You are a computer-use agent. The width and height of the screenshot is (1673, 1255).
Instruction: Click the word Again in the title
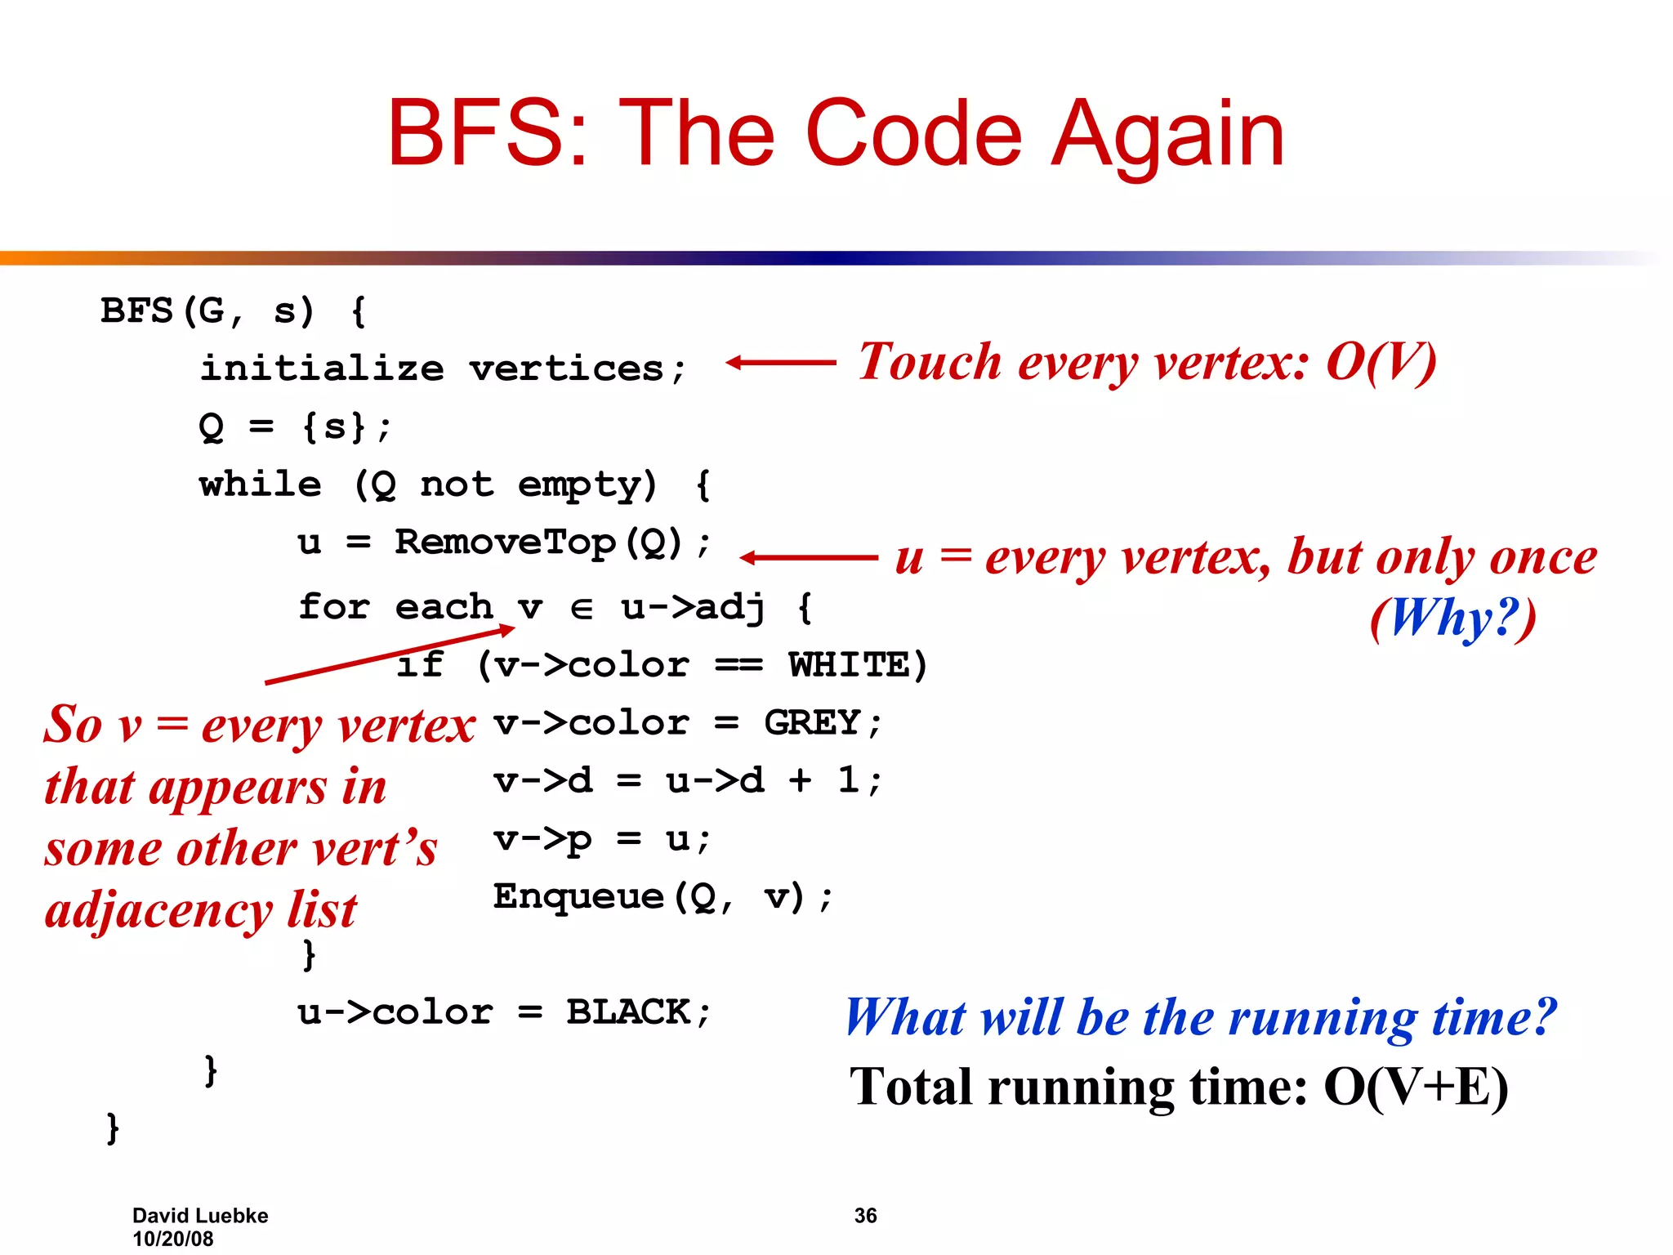[1168, 135]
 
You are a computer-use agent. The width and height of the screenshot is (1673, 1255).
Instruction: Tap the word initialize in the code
[322, 368]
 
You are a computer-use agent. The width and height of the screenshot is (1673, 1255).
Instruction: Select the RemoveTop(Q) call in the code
[538, 543]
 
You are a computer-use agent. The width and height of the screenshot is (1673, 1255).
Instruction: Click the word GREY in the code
[812, 723]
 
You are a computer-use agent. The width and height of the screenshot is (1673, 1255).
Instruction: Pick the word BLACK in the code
[628, 1012]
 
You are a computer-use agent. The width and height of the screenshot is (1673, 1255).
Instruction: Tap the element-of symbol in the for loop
[581, 609]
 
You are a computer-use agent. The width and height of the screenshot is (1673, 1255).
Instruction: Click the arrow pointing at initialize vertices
[780, 362]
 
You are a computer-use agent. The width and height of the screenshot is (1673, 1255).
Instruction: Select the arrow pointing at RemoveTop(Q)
[808, 558]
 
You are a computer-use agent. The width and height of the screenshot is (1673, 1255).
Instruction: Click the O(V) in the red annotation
[1381, 362]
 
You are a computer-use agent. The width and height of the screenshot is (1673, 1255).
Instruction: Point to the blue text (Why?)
[1453, 618]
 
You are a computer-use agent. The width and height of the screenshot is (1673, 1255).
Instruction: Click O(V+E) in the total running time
[1416, 1088]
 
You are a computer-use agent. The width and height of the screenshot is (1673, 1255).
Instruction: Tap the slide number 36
[865, 1216]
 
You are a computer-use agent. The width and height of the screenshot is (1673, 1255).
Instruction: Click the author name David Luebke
[200, 1216]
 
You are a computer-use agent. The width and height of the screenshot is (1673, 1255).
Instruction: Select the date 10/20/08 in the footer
[173, 1239]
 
